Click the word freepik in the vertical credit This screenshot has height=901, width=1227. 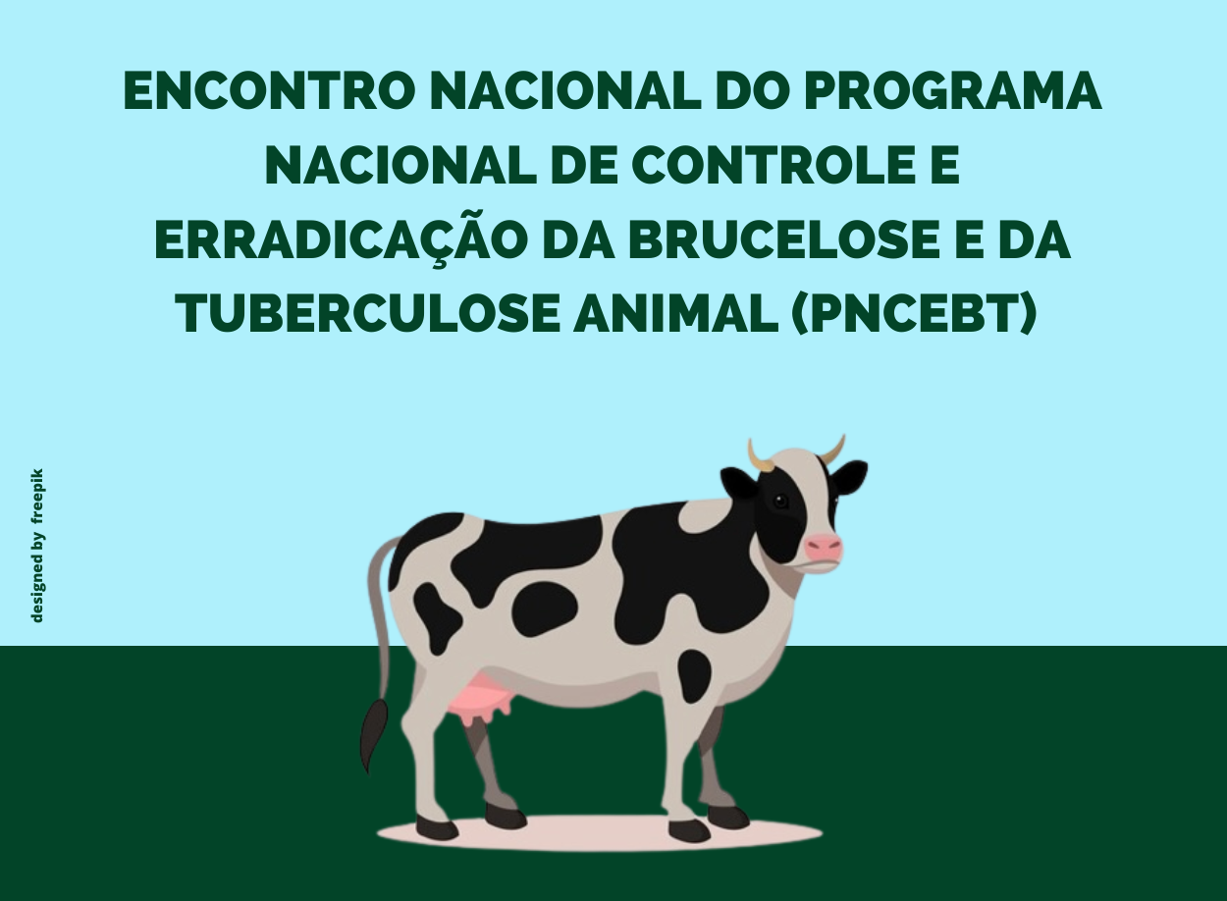coord(37,495)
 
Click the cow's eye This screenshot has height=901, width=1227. coord(780,502)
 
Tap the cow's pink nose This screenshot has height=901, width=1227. coord(824,546)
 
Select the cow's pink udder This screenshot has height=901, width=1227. coord(480,695)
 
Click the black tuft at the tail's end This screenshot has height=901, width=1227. coord(373,734)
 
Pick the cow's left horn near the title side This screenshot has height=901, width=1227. coord(760,457)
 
